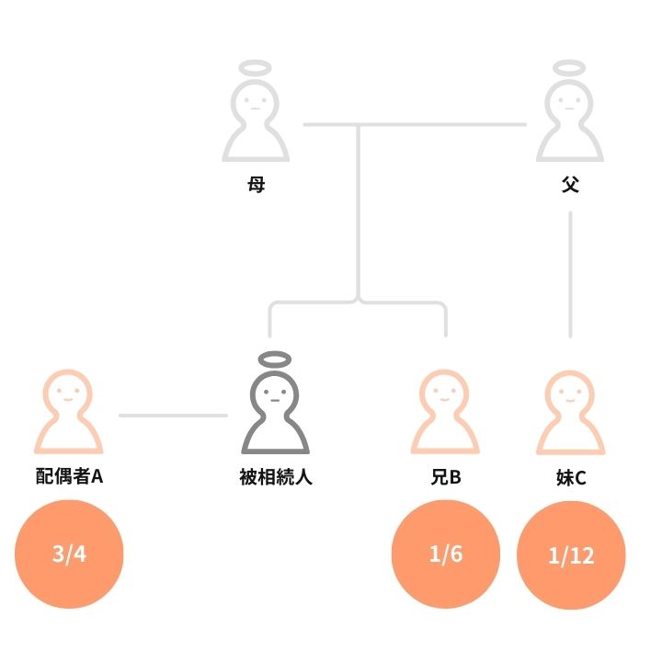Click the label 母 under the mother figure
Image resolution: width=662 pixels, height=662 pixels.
(256, 185)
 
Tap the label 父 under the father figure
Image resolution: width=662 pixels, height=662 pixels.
(570, 185)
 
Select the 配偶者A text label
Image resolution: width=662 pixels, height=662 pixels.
(69, 477)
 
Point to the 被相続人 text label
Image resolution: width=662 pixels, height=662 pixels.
(276, 477)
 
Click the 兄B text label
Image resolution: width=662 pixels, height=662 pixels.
(445, 477)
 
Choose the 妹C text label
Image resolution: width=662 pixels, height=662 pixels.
(570, 477)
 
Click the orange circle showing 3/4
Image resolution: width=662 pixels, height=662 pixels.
(69, 554)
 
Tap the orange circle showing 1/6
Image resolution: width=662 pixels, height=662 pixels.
(445, 554)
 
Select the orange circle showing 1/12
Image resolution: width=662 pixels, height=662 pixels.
(571, 555)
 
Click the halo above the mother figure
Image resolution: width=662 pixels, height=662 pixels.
(256, 68)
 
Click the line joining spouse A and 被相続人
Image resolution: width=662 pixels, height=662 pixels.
(173, 416)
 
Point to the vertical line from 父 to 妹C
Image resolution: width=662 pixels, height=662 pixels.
(571, 276)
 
